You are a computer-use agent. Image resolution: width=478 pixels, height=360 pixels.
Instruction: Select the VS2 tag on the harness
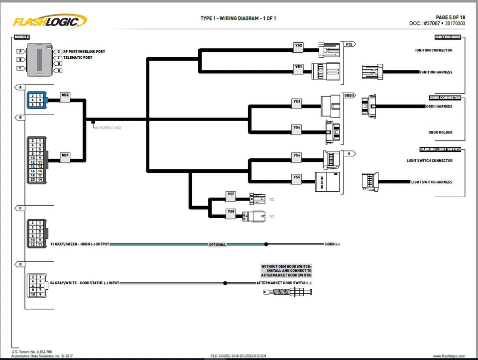[x=298, y=47]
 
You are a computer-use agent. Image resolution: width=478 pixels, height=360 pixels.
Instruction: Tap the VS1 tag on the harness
[x=298, y=68]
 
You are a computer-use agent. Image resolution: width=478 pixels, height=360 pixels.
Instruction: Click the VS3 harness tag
[x=297, y=103]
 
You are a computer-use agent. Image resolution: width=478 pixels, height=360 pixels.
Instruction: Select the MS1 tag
[x=65, y=156]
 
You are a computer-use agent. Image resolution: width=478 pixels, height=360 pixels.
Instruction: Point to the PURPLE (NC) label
[x=110, y=128]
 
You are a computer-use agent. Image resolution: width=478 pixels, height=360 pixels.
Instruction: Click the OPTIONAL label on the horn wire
[x=217, y=244]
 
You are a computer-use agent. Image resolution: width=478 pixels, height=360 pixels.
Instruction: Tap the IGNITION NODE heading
[x=447, y=37]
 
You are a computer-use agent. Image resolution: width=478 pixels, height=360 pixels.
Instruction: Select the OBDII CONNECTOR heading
[x=445, y=98]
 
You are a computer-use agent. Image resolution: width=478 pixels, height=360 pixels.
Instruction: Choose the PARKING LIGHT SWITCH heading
[x=440, y=149]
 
